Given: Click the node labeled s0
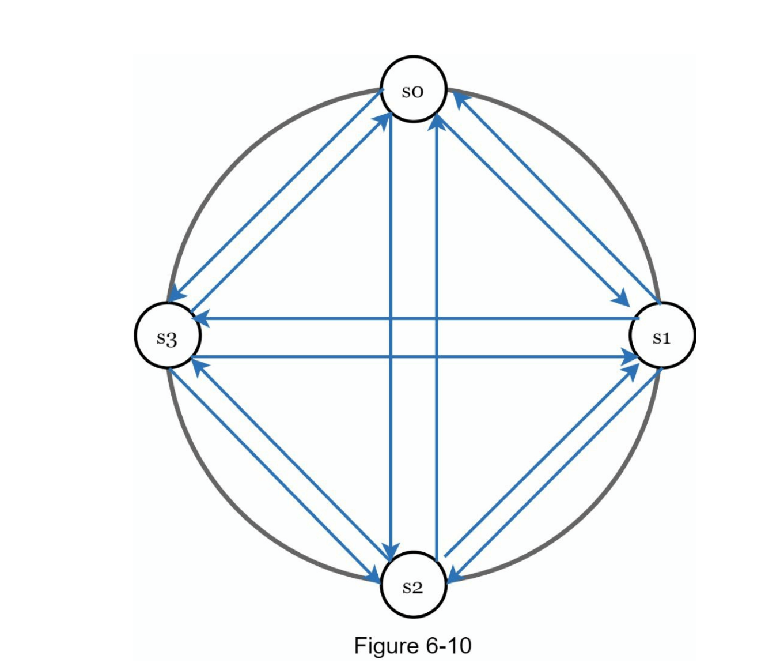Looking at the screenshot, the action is coord(413,89).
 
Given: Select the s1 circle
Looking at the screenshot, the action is coord(661,335).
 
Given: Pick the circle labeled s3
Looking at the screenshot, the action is coord(168,335).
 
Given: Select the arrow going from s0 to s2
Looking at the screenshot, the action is coord(391,336).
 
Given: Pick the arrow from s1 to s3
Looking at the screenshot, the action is coord(416,318).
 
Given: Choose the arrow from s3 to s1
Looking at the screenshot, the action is coord(415,356).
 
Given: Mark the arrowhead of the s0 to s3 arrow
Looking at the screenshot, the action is coord(177,293).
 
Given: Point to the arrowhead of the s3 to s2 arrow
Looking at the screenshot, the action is coord(372,574).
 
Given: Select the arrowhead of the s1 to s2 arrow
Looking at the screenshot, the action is coord(455,574).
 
